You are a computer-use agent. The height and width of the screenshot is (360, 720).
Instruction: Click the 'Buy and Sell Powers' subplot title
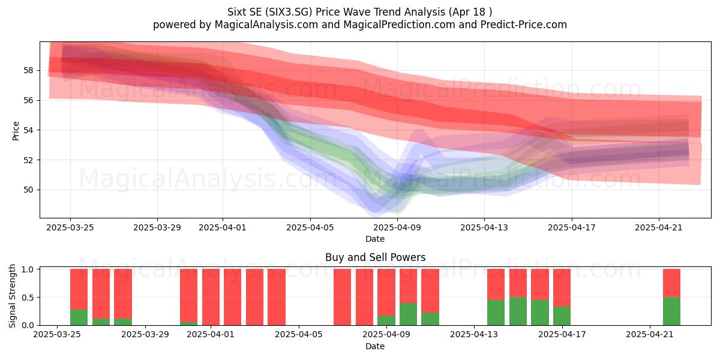click(375, 257)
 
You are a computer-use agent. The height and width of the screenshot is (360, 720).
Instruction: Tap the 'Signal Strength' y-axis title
click(12, 296)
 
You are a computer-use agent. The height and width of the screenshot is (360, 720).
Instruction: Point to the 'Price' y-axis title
click(16, 131)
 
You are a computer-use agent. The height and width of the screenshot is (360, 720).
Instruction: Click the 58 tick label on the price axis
click(28, 70)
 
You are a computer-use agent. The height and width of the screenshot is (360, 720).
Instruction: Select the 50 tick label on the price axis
click(28, 190)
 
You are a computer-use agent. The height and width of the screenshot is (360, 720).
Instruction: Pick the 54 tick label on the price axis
click(28, 130)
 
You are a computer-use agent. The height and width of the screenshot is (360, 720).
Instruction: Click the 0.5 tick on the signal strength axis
click(28, 298)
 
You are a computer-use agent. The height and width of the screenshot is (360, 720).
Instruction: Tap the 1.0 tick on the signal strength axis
click(28, 269)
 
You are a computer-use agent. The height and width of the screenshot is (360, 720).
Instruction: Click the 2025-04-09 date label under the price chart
click(397, 227)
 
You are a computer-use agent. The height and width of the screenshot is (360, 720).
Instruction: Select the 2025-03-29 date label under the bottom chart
click(145, 335)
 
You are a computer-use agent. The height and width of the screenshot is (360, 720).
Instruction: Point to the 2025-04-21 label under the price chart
click(659, 227)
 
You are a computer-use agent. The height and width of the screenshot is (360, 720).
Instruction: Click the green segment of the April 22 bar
click(671, 311)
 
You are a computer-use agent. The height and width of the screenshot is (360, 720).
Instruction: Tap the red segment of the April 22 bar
click(671, 283)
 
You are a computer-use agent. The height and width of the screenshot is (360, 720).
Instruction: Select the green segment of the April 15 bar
click(518, 311)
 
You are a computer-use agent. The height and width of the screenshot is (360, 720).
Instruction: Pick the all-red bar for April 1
click(211, 297)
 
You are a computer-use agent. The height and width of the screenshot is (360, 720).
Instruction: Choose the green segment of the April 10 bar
click(408, 314)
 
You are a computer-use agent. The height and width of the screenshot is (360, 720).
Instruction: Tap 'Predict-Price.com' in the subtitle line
click(523, 25)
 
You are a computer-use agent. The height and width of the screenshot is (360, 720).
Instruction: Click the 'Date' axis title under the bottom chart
click(375, 346)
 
